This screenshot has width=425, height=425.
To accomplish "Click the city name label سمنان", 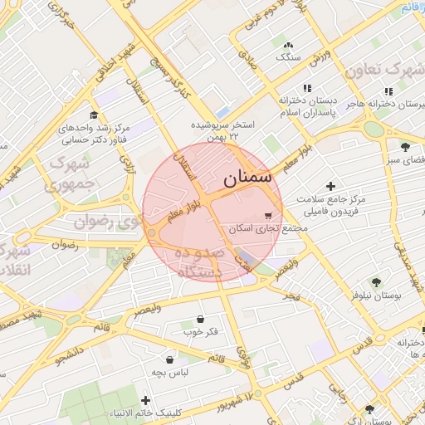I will click(x=247, y=178).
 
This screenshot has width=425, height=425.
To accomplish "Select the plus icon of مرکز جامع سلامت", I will click(x=332, y=186).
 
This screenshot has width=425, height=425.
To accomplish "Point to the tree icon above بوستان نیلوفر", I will click(x=376, y=281).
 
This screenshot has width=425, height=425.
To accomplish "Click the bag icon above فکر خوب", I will click(x=200, y=319).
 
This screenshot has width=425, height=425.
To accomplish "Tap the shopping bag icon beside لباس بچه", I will click(x=170, y=360).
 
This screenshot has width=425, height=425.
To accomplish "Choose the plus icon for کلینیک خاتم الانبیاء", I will click(x=146, y=401).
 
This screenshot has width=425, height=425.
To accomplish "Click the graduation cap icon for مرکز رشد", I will click(x=94, y=115).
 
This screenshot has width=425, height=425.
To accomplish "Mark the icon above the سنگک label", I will click(x=288, y=45).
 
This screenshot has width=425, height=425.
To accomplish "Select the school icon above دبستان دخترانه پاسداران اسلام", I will click(x=307, y=88).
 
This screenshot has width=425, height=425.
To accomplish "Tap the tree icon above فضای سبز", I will click(x=405, y=146).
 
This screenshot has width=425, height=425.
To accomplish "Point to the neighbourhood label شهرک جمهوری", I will click(x=71, y=172).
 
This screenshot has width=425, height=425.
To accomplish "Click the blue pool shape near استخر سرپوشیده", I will click(x=222, y=111).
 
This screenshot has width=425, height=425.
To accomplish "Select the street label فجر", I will click(x=291, y=296).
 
